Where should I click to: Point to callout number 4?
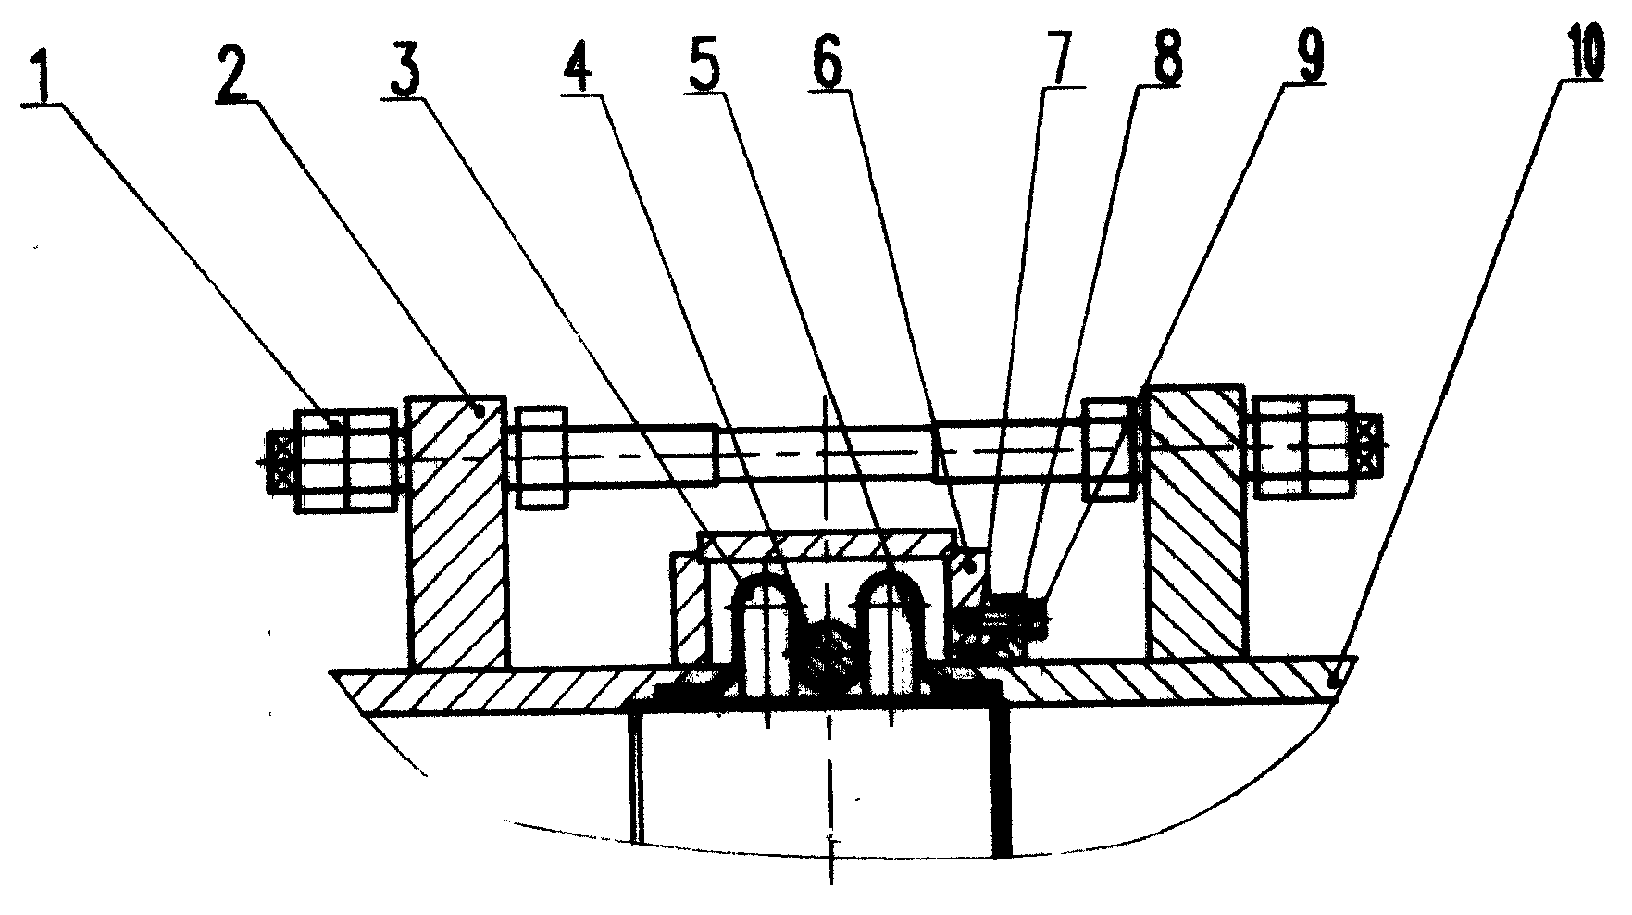point(580,64)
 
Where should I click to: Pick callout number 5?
point(706,62)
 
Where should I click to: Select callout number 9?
point(1302,57)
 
